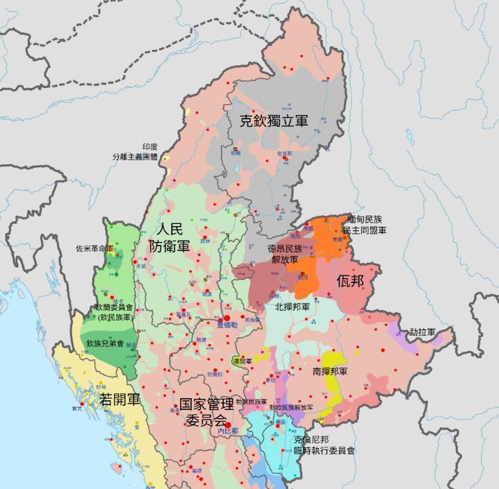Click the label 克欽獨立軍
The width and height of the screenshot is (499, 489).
[x=274, y=121]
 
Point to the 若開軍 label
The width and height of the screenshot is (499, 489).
[x=120, y=400]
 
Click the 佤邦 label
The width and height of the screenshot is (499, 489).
[x=350, y=282]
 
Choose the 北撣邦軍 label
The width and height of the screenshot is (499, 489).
[x=292, y=306]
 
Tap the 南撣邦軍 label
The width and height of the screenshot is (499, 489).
[x=330, y=371]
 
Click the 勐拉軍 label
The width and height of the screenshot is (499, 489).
[x=422, y=332]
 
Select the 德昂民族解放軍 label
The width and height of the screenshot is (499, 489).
[x=285, y=253]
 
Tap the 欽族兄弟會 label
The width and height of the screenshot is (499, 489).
[x=105, y=343]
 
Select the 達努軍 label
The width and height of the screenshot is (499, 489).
[x=243, y=361]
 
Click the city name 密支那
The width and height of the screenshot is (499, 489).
[x=284, y=153]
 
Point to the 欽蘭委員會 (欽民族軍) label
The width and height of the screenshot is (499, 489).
[x=114, y=311]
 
